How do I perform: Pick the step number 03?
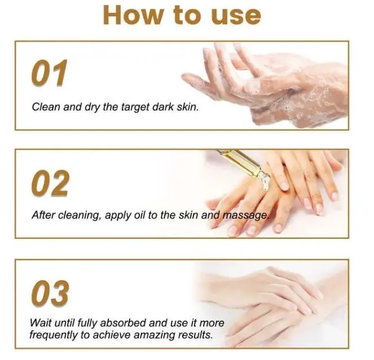pyautogui.click(x=50, y=293)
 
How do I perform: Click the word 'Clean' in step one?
pyautogui.click(x=45, y=106)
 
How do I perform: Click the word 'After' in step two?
pyautogui.click(x=43, y=215)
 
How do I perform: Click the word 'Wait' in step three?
pyautogui.click(x=42, y=323)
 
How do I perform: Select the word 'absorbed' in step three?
pyautogui.click(x=125, y=323)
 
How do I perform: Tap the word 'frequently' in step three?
pyautogui.click(x=55, y=335)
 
